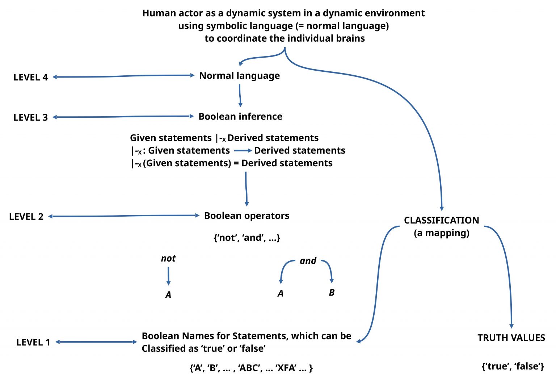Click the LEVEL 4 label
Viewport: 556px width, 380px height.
pos(30,78)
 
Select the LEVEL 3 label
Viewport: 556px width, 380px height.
pos(30,118)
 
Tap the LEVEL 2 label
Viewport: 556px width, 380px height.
pos(26,217)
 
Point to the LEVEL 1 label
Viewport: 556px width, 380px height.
pos(33,342)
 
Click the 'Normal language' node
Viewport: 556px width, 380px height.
pos(239,76)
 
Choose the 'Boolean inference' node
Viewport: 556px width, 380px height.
pos(240,117)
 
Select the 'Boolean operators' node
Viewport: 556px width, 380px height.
pos(247,216)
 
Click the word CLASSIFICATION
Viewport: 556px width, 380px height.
pos(441,220)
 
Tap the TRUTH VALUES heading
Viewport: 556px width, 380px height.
pos(511,338)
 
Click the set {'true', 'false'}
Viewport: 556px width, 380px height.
pos(513,366)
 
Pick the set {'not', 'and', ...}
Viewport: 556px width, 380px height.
pos(247,238)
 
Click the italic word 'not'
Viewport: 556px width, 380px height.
pos(168,259)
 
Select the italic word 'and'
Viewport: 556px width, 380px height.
pos(308,261)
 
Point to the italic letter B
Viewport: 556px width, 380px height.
pos(332,292)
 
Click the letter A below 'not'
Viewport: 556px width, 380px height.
pos(168,295)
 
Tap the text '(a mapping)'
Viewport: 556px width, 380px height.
pos(441,233)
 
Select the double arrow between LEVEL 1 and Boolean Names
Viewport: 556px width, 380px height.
pos(96,342)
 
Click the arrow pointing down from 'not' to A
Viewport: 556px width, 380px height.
pos(168,276)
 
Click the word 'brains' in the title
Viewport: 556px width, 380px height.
pos(350,38)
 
